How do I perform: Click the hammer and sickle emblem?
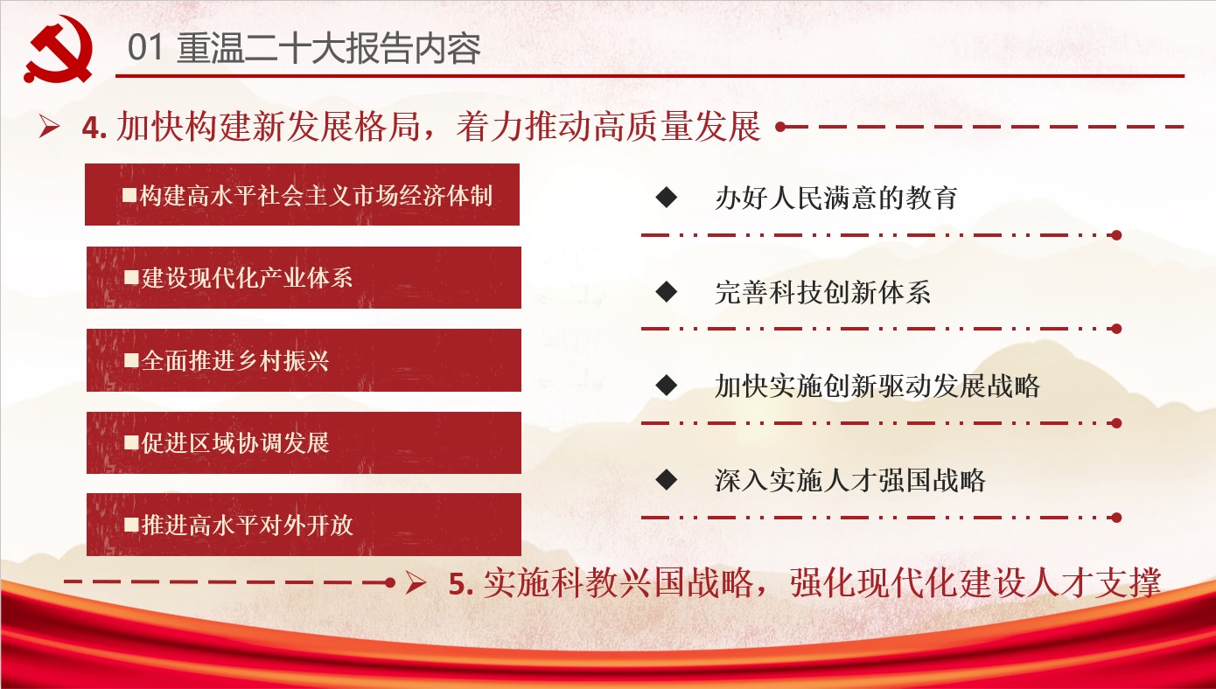(58, 49)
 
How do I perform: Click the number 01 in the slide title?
(145, 48)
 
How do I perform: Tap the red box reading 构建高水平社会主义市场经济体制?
(302, 194)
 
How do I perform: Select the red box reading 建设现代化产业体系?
(304, 278)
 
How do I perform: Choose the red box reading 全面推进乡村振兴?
(304, 360)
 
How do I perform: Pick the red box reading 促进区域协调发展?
(304, 442)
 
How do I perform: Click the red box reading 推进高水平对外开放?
(304, 525)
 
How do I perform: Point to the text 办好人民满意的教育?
(836, 198)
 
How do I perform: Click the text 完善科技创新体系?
(822, 292)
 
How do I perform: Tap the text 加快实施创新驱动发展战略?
(877, 386)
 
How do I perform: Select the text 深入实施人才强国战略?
(849, 480)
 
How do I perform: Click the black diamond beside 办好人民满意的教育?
(666, 197)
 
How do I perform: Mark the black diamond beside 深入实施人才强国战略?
(666, 479)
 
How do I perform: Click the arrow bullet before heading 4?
(49, 127)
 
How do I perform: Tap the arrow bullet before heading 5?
(416, 582)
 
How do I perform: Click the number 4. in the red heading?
(94, 128)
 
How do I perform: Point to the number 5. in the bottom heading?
(461, 584)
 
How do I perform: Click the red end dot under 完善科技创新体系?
(1116, 329)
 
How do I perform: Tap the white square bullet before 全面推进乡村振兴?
(131, 360)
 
